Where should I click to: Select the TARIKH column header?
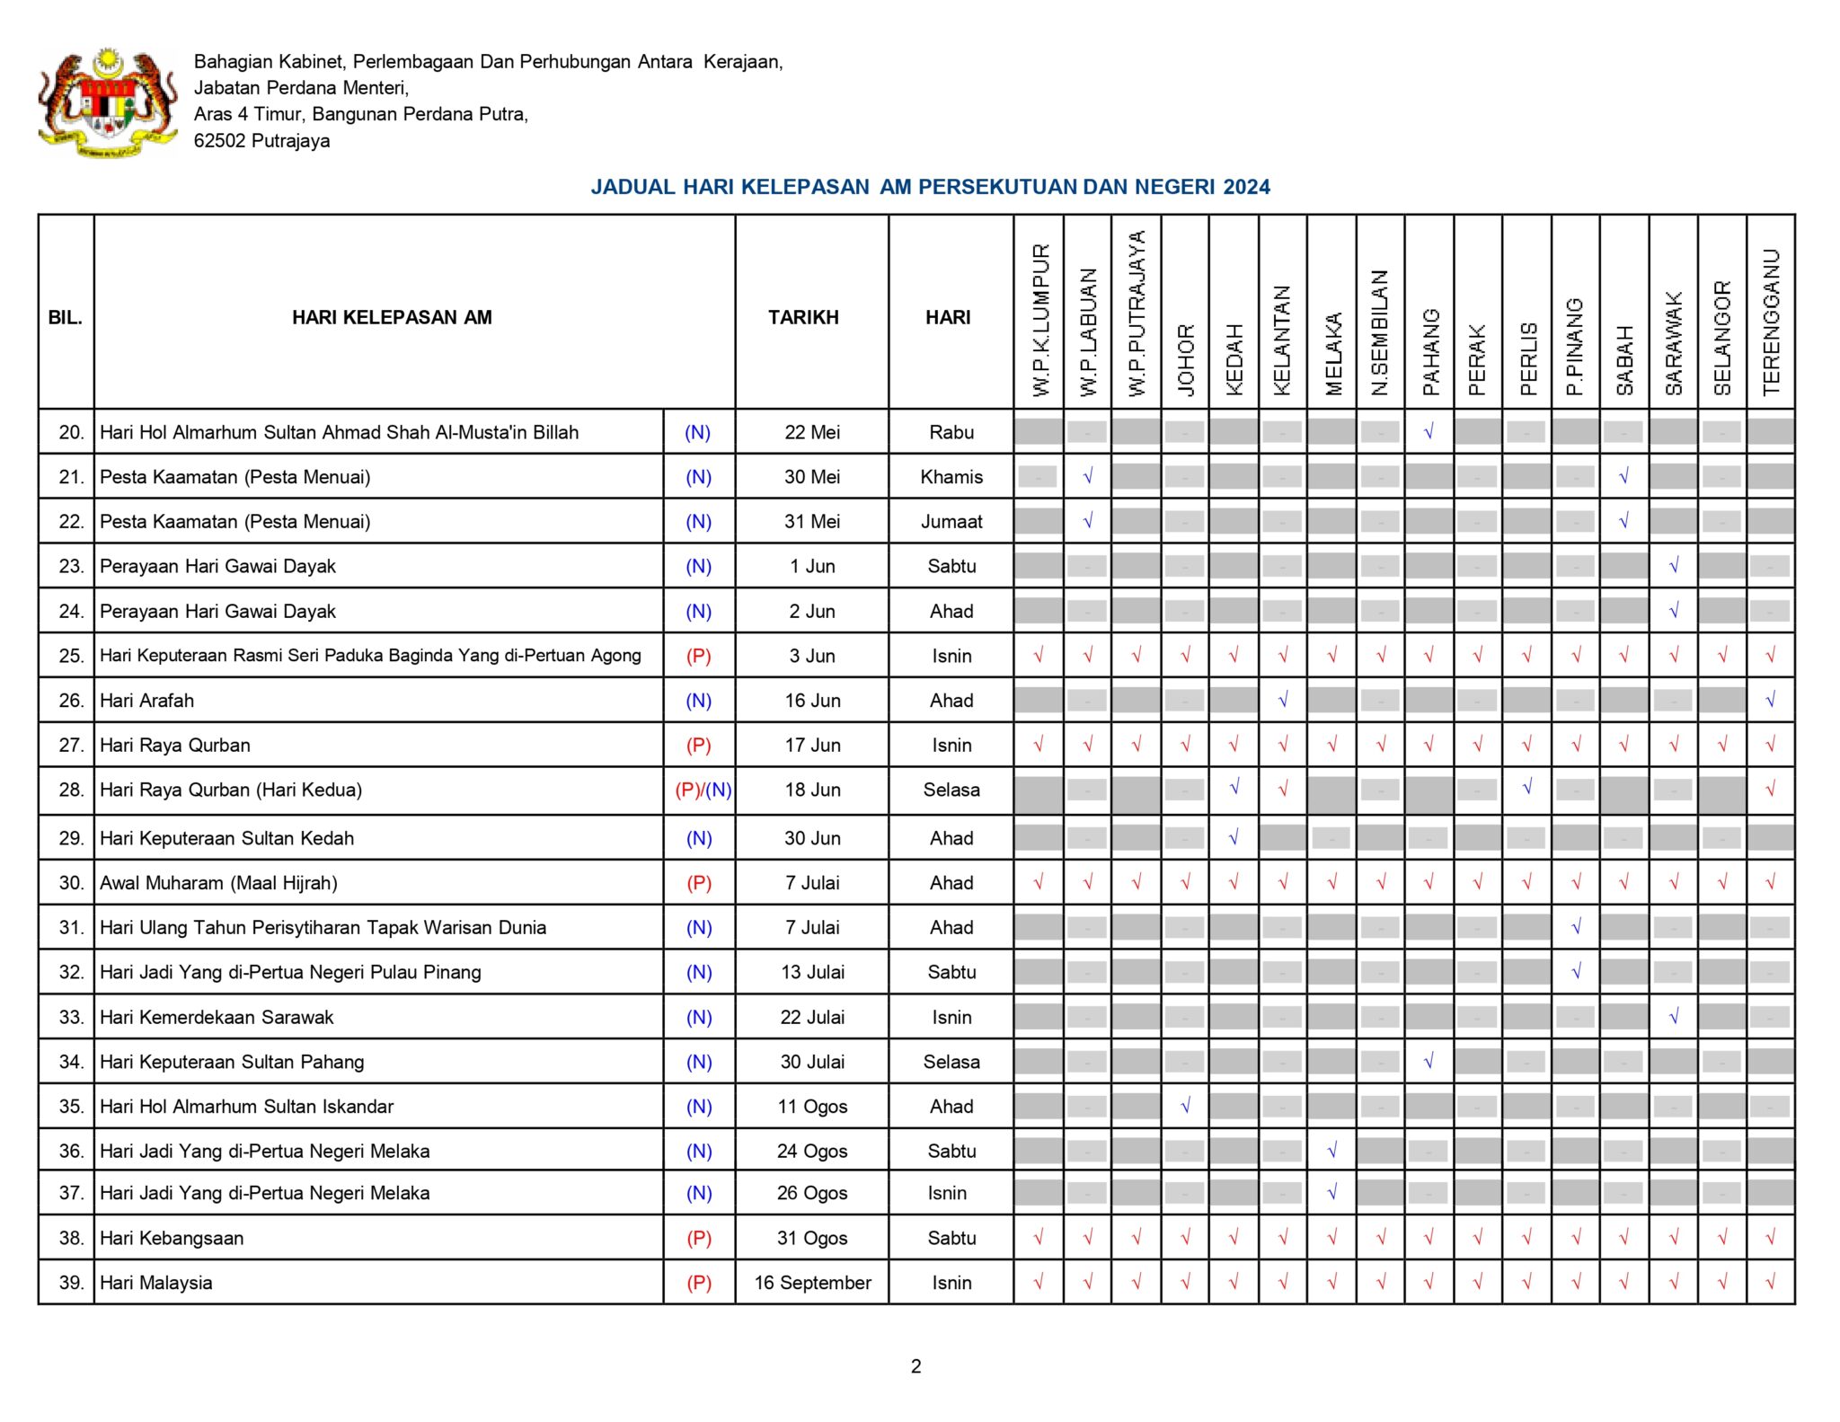803,317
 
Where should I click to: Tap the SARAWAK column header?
1673,344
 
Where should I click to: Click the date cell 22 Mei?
812,432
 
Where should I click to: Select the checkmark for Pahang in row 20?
1429,432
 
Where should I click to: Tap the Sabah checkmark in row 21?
1623,477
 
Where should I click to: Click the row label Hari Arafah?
146,701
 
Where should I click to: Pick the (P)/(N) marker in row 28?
703,790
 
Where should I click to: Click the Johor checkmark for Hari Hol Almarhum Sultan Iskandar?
1185,1106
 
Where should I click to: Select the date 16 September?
812,1283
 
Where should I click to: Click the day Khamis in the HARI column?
951,477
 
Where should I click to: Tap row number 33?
71,1017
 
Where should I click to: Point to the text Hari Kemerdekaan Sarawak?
217,1017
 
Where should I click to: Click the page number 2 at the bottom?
916,1366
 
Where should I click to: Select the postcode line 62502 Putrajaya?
261,141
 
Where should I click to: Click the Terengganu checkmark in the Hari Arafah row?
1770,700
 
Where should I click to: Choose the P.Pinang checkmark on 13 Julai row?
1576,971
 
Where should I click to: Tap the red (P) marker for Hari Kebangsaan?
699,1238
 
